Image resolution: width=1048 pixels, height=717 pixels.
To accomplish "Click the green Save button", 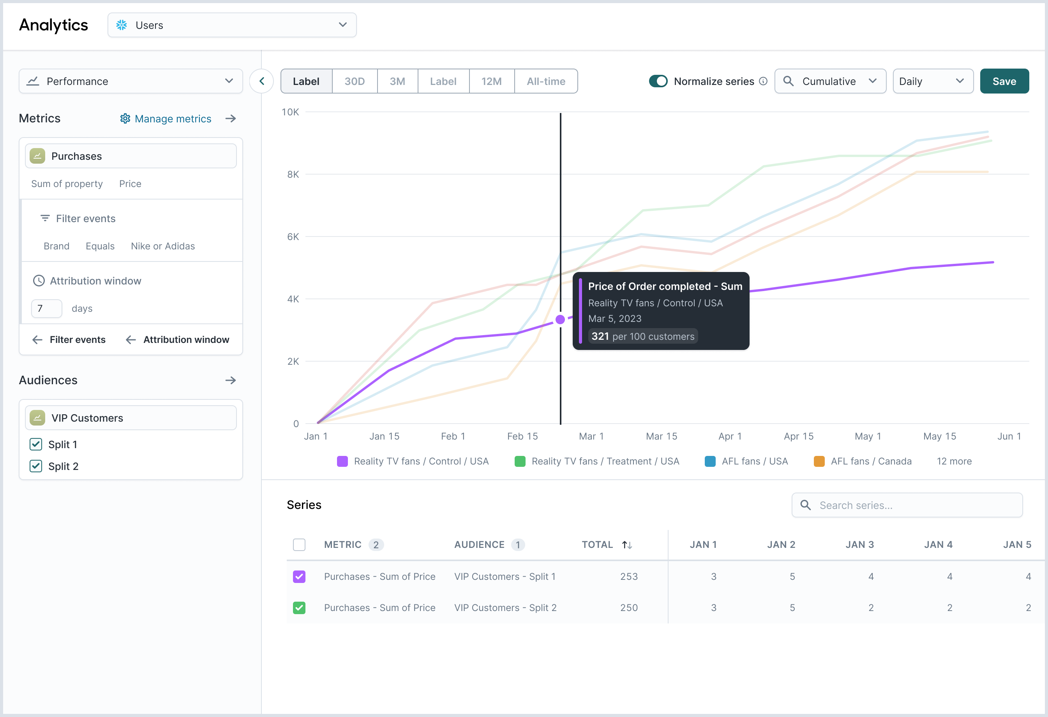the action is point(1004,81).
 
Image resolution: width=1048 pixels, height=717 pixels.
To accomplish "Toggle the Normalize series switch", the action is point(658,81).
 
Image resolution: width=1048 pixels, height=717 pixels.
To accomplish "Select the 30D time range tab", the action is point(355,81).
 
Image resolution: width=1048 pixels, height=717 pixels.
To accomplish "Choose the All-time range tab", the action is point(546,81).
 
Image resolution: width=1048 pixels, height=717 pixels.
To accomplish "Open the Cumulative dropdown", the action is point(830,81).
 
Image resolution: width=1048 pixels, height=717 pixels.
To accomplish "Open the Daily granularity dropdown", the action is point(933,81).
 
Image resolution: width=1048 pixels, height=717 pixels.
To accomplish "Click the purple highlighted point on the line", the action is point(560,319).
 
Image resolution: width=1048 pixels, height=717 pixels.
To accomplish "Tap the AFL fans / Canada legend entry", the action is point(863,461).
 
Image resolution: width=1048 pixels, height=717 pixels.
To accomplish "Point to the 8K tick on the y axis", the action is point(293,174).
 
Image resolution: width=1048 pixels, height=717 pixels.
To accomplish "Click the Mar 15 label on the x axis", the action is point(661,436).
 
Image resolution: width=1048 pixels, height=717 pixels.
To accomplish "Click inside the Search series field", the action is point(907,505).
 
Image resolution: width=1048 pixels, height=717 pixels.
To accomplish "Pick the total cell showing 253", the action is point(629,576).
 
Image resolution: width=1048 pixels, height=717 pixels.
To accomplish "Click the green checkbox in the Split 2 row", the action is point(299,608).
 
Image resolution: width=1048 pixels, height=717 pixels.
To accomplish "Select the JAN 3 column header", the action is point(859,544).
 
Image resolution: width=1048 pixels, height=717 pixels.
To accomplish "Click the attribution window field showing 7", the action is point(46,309).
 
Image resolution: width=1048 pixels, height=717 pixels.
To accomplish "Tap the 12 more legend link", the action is point(954,461).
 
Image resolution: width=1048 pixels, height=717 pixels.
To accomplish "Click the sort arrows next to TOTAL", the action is point(627,545).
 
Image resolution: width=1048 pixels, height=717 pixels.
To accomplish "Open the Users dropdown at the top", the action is point(232,25).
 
